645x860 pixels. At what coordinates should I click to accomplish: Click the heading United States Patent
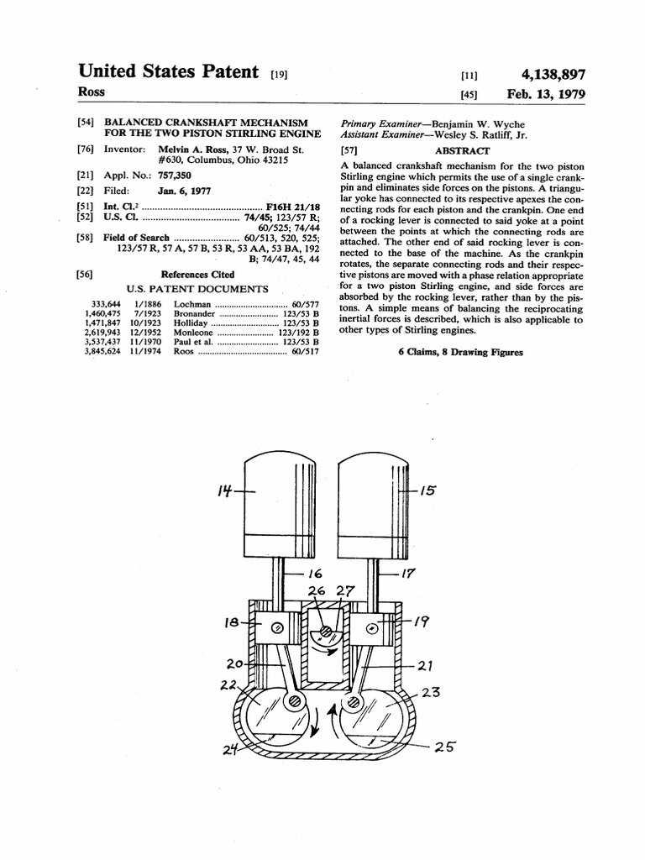pos(168,72)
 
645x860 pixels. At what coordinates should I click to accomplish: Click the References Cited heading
pos(197,274)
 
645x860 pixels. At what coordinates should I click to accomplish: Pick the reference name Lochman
pos(193,303)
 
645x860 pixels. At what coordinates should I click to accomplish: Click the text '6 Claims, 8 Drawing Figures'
pos(460,352)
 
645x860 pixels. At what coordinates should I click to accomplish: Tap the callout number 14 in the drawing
pos(224,490)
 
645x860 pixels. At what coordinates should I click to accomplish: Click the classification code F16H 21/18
pos(289,204)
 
